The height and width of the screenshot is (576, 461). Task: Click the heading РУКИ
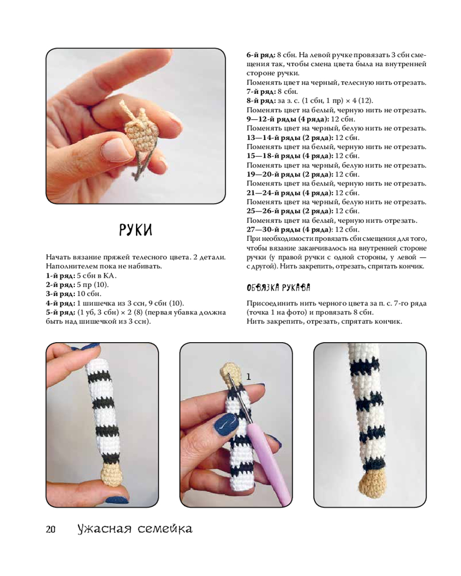click(x=135, y=230)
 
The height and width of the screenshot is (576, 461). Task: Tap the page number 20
click(x=51, y=529)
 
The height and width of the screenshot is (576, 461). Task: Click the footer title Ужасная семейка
click(x=135, y=529)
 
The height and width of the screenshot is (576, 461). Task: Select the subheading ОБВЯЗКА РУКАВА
click(x=278, y=287)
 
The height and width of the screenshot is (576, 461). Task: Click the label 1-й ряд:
click(x=61, y=275)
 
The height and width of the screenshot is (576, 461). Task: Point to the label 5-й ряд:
click(x=61, y=312)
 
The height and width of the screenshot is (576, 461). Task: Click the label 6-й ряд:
click(x=260, y=55)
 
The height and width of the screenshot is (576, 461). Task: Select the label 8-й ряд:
click(x=260, y=101)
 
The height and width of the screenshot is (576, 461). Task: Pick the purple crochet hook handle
click(x=267, y=464)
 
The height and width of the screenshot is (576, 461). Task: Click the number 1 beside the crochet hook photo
click(x=248, y=377)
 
